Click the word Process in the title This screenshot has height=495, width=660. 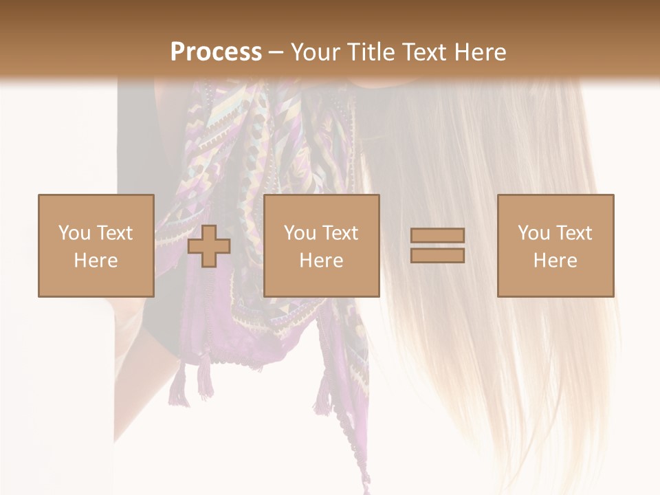coord(216,52)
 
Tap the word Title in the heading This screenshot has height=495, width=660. coord(371,52)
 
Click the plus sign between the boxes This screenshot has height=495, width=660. coord(209,246)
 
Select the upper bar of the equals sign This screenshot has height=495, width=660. coord(437,235)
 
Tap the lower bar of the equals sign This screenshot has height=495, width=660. coord(437,256)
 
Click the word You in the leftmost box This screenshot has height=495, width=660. coord(74,233)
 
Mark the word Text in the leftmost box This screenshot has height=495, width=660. coord(114,233)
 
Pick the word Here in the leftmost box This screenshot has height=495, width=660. coord(96,261)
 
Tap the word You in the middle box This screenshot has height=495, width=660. coord(300,233)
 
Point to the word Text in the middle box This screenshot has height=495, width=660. coord(340,233)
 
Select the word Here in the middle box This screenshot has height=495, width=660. coord(321,261)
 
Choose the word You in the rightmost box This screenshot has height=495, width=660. coord(533,233)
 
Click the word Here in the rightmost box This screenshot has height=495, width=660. coord(555,261)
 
